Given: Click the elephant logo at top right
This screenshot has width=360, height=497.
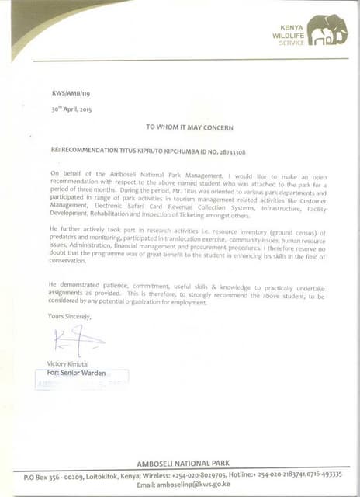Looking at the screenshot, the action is (327, 31).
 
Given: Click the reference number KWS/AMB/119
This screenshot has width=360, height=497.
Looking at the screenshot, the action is (68, 94).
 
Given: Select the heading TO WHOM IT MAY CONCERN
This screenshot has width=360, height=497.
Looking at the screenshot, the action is (185, 126).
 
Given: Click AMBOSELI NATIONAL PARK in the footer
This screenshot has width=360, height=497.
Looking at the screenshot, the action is (184, 464).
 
